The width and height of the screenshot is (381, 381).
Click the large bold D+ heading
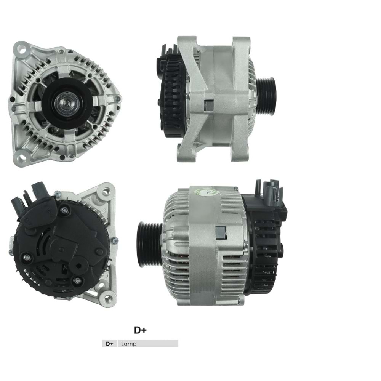(140, 330)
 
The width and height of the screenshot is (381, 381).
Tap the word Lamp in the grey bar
(128, 344)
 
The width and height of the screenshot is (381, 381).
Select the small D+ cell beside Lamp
(110, 344)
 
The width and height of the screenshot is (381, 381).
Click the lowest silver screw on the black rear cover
(78, 281)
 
